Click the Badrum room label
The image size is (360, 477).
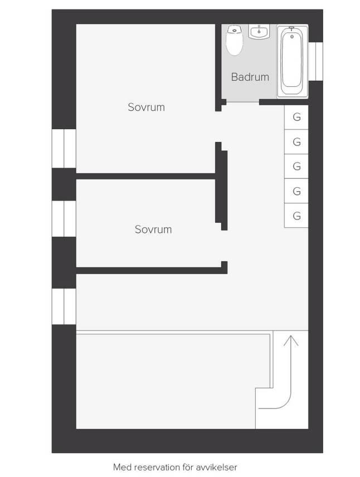click(250, 77)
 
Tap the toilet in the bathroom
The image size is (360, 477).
click(234, 40)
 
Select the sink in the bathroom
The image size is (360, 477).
click(259, 32)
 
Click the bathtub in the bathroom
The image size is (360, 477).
click(292, 61)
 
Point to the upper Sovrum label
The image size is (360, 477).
click(147, 107)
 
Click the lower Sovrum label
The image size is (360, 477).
click(153, 229)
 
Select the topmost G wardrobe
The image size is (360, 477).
click(296, 117)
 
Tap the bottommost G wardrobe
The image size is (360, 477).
click(296, 216)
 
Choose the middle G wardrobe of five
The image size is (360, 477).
click(296, 166)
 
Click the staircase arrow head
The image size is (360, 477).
click(291, 340)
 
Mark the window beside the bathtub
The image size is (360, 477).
click(315, 61)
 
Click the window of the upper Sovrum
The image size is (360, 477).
click(64, 148)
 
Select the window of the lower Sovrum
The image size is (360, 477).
click(64, 218)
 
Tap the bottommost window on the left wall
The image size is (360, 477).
click(64, 306)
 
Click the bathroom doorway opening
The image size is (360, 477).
click(242, 102)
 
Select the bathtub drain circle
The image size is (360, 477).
click(292, 37)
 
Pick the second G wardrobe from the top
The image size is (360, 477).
click(296, 142)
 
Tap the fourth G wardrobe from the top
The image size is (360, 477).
click(296, 191)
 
